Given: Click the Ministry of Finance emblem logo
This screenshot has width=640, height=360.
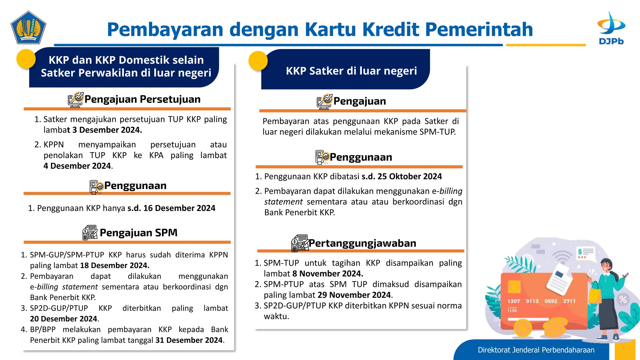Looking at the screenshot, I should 28,28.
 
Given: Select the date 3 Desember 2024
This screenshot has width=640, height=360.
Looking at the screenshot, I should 107,130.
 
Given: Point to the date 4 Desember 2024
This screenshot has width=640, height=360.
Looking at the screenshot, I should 77,166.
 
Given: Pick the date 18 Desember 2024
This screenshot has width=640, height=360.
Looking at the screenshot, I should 114,265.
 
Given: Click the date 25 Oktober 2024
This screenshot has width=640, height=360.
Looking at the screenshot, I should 409,177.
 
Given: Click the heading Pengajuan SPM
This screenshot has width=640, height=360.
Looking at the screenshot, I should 138,233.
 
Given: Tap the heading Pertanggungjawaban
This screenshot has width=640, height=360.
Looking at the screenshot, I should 362,243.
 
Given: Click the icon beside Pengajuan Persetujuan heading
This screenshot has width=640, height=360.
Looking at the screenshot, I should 76,100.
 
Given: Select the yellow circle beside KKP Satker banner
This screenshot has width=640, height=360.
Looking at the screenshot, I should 258,61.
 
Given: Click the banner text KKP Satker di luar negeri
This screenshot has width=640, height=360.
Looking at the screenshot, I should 351,71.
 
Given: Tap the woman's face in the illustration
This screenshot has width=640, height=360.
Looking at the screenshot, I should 607,267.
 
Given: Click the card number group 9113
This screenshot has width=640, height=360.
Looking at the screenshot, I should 532,301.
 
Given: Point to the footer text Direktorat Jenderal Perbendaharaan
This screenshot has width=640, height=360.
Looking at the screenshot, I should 536,350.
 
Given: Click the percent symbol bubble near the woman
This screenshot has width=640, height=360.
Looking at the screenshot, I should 623,299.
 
